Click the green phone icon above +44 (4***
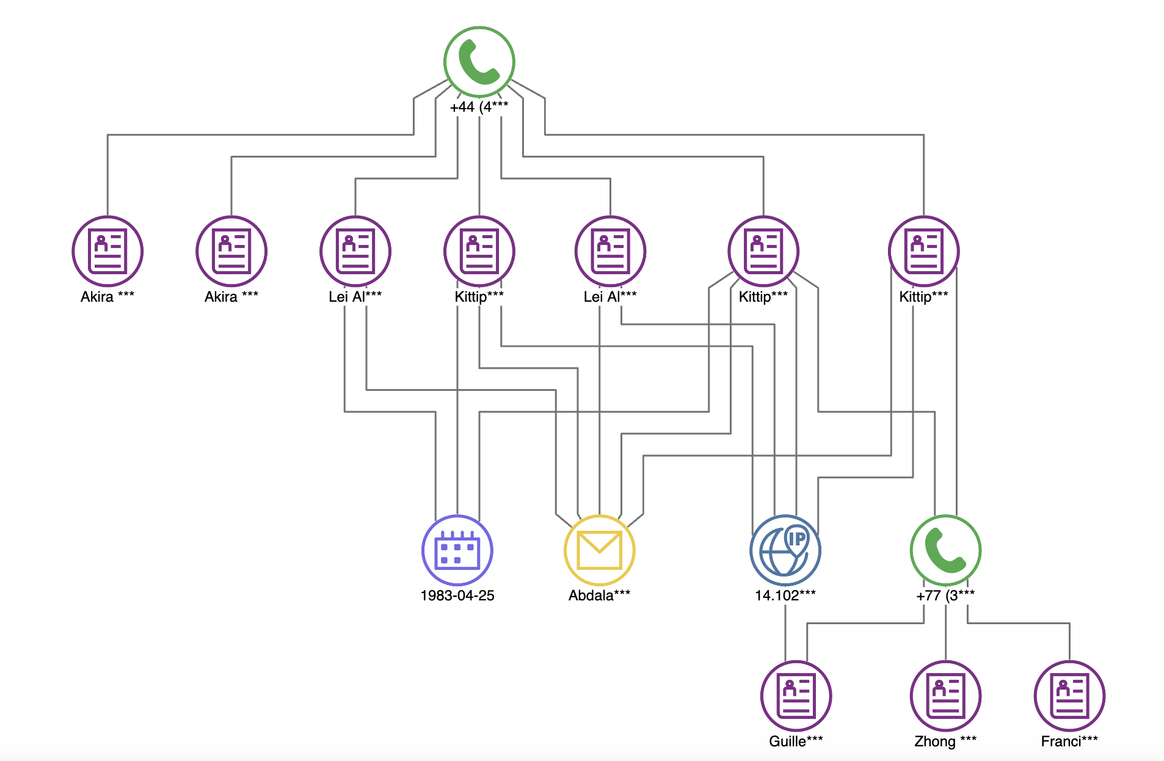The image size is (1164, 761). [x=479, y=62]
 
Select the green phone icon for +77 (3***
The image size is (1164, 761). [x=945, y=550]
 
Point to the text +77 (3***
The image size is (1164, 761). [x=945, y=595]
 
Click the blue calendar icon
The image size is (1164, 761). [x=457, y=550]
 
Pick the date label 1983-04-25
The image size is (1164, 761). [x=457, y=595]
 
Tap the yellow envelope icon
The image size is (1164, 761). [x=600, y=550]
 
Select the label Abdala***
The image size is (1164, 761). [x=600, y=595]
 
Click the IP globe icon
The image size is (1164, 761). [x=785, y=550]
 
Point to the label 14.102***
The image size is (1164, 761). [x=785, y=595]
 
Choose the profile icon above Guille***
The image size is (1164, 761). [x=796, y=696]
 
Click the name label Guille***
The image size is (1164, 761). [x=796, y=741]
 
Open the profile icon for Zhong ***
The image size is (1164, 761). [x=945, y=696]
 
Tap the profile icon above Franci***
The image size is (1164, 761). [x=1069, y=696]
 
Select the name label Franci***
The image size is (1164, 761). [x=1069, y=741]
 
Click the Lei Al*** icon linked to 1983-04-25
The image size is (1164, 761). [x=355, y=251]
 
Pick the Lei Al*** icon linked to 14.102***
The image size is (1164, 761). [x=610, y=251]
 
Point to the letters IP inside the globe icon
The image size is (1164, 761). [x=797, y=539]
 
